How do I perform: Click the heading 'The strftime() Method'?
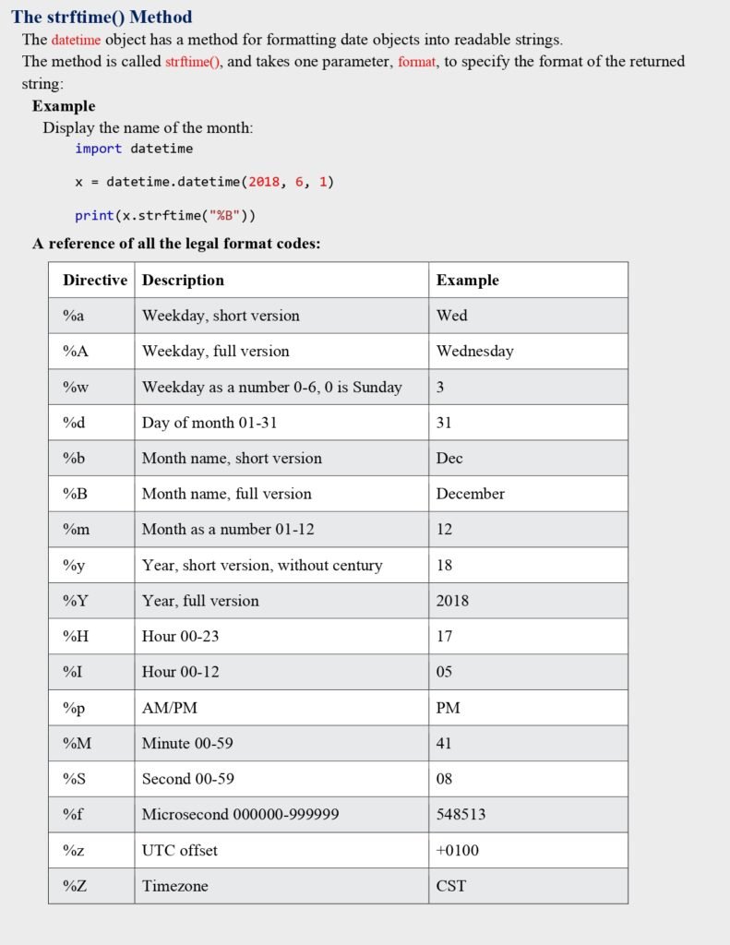click(102, 17)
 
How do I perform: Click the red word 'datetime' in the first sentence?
click(76, 40)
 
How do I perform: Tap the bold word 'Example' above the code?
click(64, 106)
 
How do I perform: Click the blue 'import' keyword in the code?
click(98, 148)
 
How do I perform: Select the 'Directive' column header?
click(95, 280)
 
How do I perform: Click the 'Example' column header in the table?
click(467, 280)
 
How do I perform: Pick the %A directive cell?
click(76, 351)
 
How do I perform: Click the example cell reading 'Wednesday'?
click(474, 351)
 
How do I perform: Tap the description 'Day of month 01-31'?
click(209, 423)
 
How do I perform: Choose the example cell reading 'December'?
click(470, 494)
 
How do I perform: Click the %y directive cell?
click(74, 565)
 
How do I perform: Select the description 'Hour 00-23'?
click(180, 636)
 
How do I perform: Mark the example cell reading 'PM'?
click(448, 708)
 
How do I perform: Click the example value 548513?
click(461, 814)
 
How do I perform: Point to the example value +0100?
click(457, 850)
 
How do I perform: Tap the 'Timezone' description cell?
click(174, 886)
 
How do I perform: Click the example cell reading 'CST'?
click(450, 886)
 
